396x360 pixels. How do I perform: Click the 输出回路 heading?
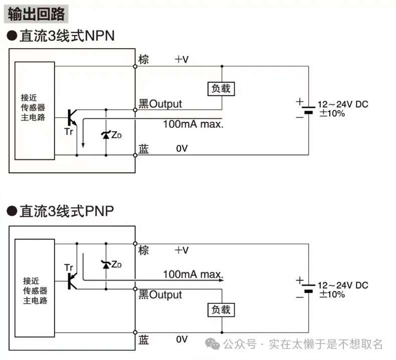(x=37, y=14)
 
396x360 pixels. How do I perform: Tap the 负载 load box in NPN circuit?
(x=221, y=88)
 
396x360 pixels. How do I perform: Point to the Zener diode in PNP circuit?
(x=106, y=264)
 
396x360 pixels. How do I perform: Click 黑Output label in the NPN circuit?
(x=160, y=104)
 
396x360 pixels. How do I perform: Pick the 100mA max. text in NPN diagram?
(x=193, y=123)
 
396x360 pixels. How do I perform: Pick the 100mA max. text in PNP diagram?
(x=193, y=274)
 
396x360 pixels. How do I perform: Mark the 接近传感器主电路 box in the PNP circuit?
(x=35, y=289)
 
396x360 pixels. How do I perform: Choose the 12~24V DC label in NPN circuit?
(x=343, y=104)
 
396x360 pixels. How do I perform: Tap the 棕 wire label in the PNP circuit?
(x=144, y=250)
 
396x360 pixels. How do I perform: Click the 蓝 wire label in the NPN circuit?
(x=144, y=149)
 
